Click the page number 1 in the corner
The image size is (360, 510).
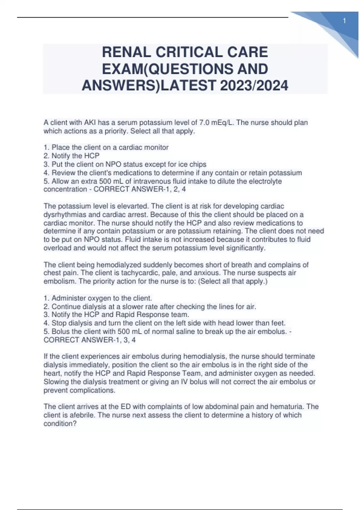click(344, 21)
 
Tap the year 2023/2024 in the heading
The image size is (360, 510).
click(254, 86)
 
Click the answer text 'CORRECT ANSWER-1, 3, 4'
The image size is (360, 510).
click(89, 340)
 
